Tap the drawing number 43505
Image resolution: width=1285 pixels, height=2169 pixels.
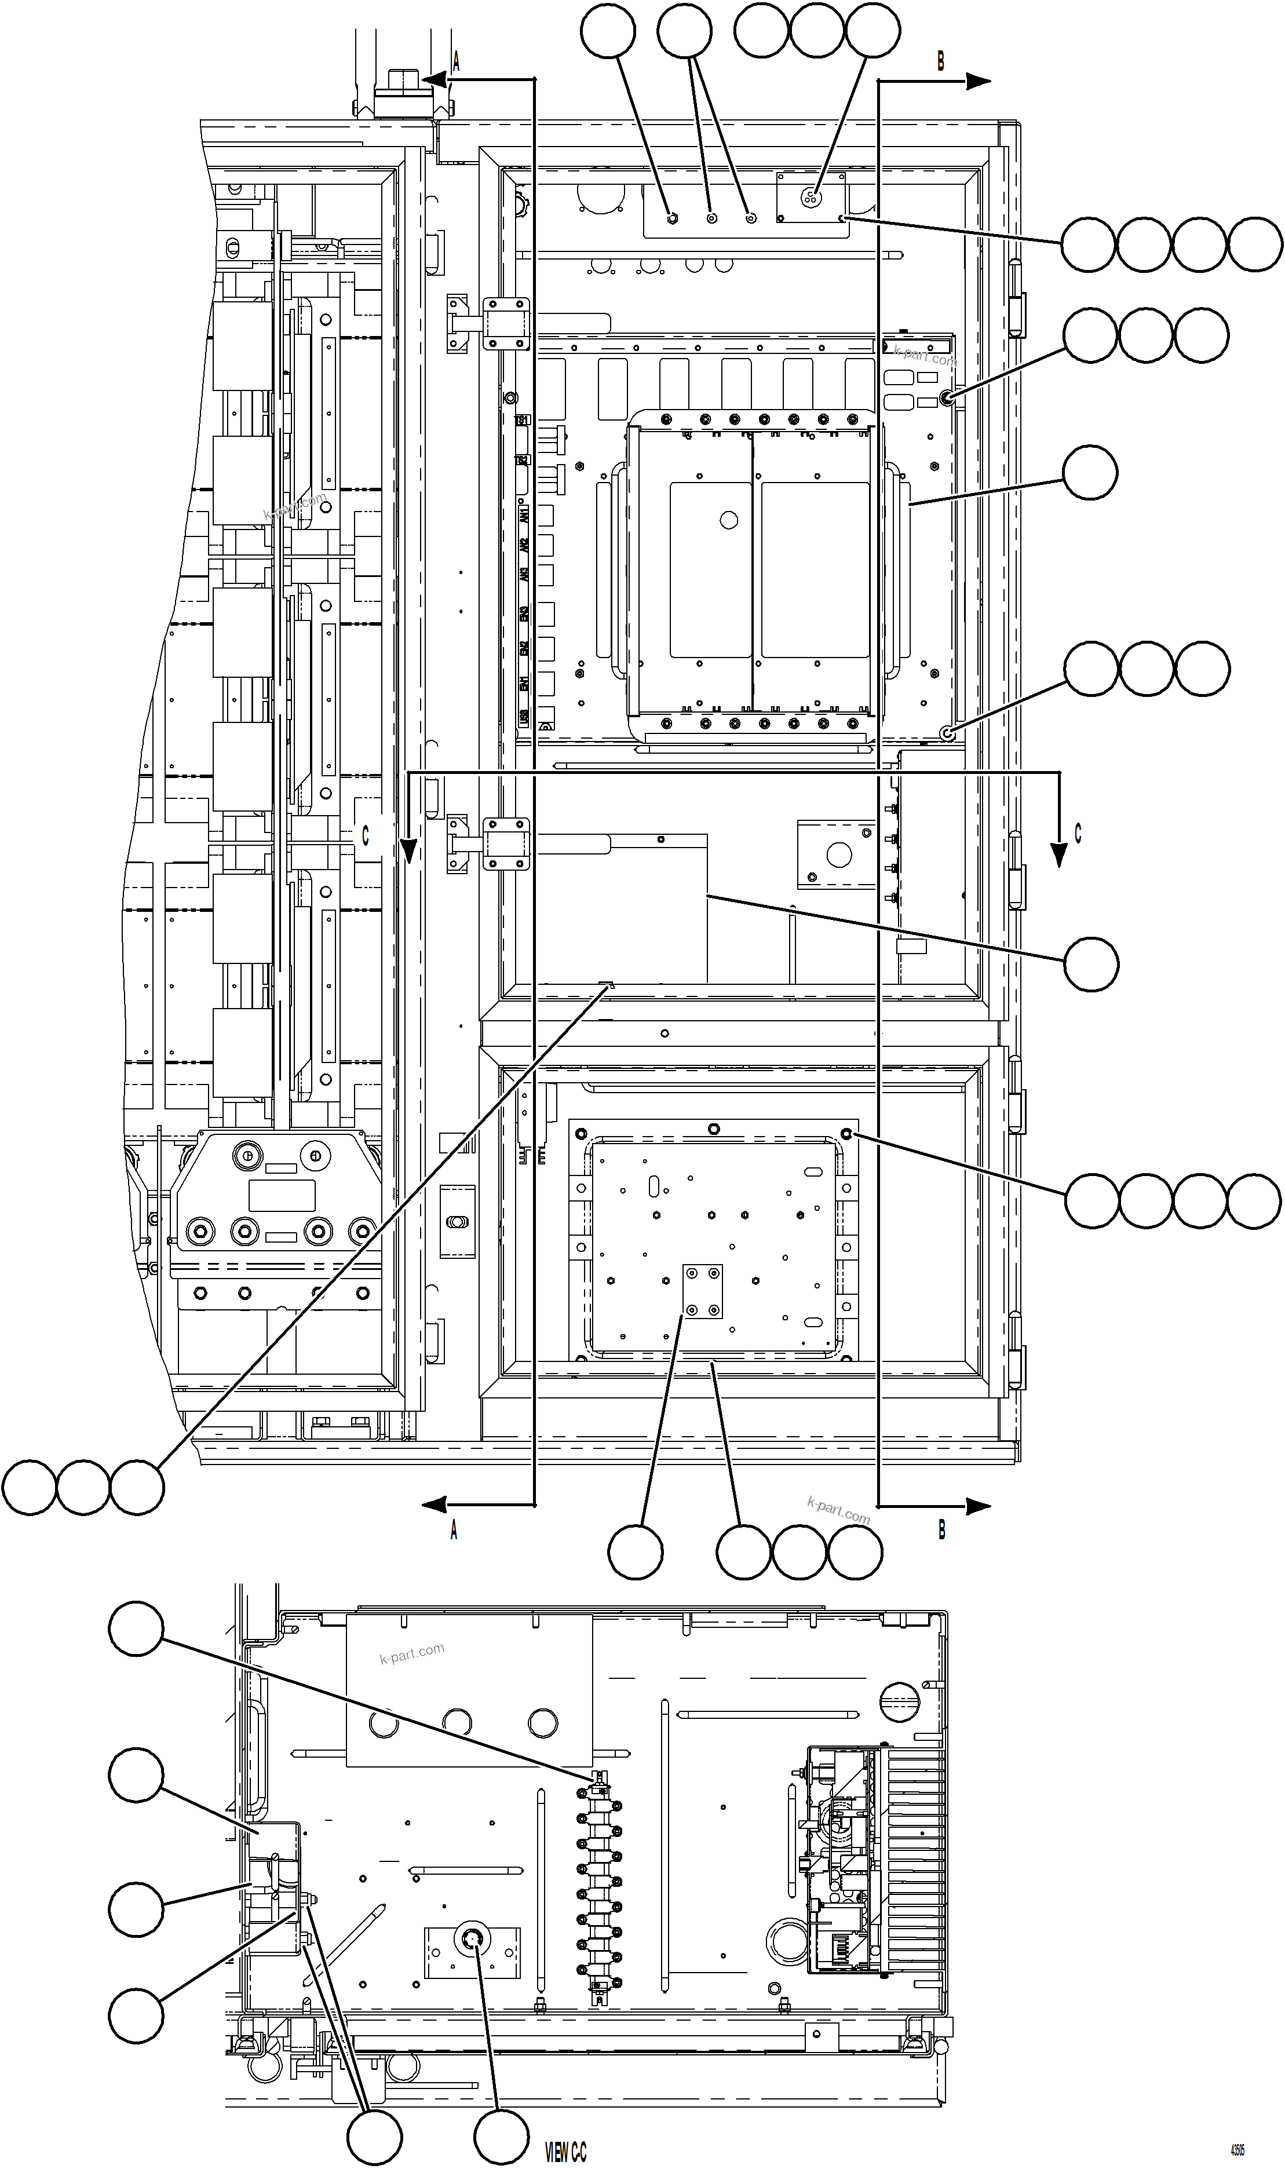pos(1237,2143)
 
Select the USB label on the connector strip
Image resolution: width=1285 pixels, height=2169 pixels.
pos(523,717)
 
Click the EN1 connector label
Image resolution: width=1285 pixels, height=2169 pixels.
pos(523,684)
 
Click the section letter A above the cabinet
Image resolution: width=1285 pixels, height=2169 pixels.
pos(455,61)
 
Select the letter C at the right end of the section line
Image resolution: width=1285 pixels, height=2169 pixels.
pos(1078,833)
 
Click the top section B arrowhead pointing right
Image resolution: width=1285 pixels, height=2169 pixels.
pos(979,81)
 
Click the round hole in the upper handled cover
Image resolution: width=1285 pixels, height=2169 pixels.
pos(728,520)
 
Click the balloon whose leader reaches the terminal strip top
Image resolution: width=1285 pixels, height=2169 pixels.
pos(136,1628)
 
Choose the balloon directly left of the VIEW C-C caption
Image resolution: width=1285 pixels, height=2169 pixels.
pos(501,2136)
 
